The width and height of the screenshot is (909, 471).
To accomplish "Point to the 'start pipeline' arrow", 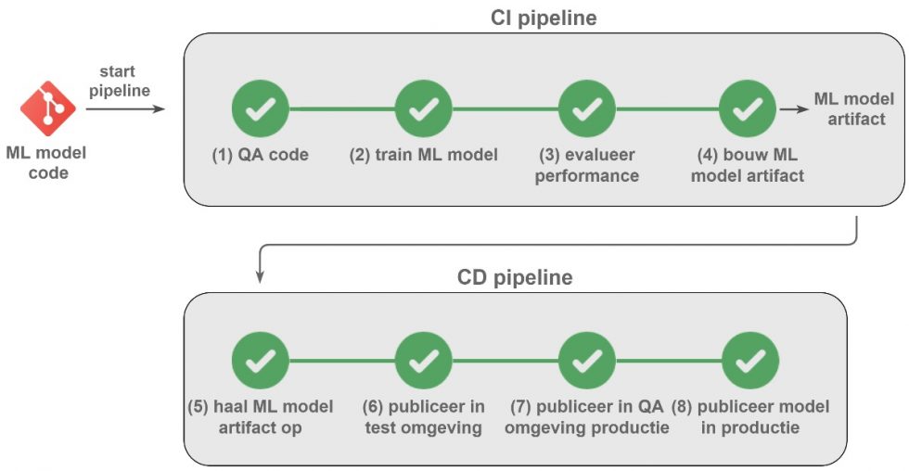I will click(x=125, y=109).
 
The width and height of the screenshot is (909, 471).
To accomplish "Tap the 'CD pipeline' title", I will click(x=515, y=277).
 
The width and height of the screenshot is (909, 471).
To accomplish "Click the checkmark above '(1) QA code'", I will click(x=260, y=109).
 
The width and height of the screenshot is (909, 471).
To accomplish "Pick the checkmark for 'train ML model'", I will click(x=423, y=109).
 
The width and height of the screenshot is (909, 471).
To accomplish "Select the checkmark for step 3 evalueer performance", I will click(x=586, y=109).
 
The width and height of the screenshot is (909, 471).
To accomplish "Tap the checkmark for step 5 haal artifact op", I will click(x=260, y=362).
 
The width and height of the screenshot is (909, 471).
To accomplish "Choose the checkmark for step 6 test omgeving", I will click(x=423, y=362).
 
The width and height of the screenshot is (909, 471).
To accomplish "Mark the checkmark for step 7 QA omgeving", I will click(x=586, y=362).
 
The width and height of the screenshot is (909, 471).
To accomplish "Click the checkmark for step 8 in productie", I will click(x=749, y=362).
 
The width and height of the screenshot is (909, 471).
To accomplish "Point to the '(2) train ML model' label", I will click(x=423, y=155).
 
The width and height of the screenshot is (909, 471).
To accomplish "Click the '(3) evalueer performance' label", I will click(x=586, y=164).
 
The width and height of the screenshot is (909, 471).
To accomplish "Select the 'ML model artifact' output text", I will click(x=853, y=108).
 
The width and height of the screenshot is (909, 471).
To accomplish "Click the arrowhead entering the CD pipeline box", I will click(x=261, y=276).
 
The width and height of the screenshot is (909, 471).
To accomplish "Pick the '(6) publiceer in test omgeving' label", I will click(x=423, y=417).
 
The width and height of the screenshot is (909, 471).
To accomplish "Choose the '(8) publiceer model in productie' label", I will click(x=750, y=417).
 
